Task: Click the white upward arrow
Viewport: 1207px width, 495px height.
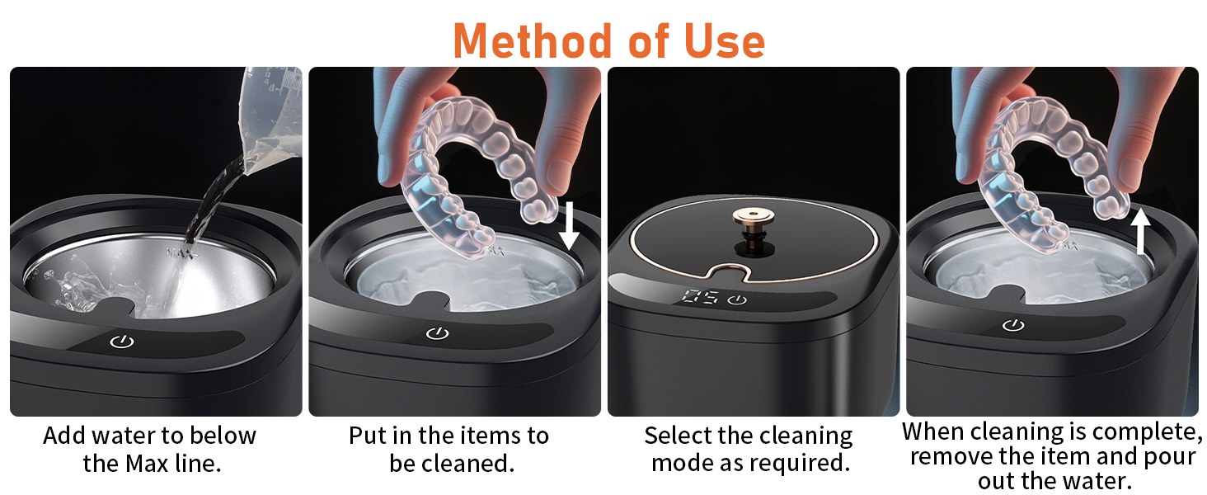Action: (x=1140, y=231)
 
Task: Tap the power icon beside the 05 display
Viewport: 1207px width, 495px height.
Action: (x=737, y=299)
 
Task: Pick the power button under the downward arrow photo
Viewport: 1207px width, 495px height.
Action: (x=438, y=333)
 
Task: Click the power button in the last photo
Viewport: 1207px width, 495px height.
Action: (x=1013, y=326)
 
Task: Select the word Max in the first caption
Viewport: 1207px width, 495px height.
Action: (x=153, y=463)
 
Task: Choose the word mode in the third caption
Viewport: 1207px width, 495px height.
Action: (x=680, y=463)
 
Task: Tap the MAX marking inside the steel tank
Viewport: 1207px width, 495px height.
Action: (x=180, y=254)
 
